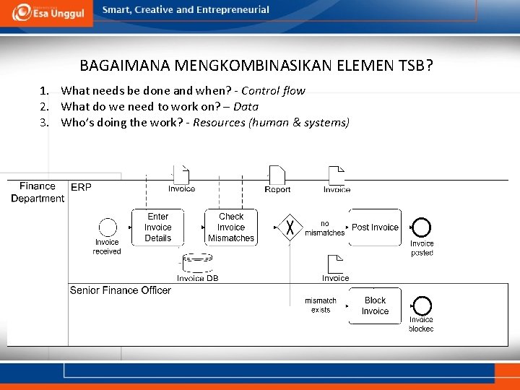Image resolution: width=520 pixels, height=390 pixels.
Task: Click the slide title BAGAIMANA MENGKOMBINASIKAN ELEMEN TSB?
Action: [256, 66]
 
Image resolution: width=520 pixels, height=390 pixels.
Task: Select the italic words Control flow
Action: [273, 91]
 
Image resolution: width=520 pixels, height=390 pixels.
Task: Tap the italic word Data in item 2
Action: [246, 107]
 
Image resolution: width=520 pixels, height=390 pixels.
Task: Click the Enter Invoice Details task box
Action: [157, 227]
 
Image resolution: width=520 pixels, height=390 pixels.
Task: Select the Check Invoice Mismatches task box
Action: [231, 227]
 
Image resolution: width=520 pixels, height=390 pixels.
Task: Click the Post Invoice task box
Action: [375, 227]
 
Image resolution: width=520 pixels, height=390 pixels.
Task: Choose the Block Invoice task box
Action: [375, 306]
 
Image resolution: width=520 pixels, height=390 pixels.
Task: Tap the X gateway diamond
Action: [290, 227]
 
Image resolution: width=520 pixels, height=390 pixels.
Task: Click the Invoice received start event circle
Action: [107, 227]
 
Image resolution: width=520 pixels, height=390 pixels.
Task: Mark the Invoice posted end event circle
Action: [422, 228]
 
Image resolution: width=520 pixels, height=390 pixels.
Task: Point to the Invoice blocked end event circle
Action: [421, 305]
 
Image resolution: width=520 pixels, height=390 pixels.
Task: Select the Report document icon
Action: [277, 175]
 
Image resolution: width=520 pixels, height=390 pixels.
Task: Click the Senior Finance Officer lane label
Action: [121, 290]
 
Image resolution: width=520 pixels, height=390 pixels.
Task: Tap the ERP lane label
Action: [81, 187]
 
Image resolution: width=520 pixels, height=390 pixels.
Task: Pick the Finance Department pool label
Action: [38, 192]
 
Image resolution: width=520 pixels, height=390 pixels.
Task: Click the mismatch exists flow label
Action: [321, 305]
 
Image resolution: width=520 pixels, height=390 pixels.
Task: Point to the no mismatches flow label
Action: [324, 228]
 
